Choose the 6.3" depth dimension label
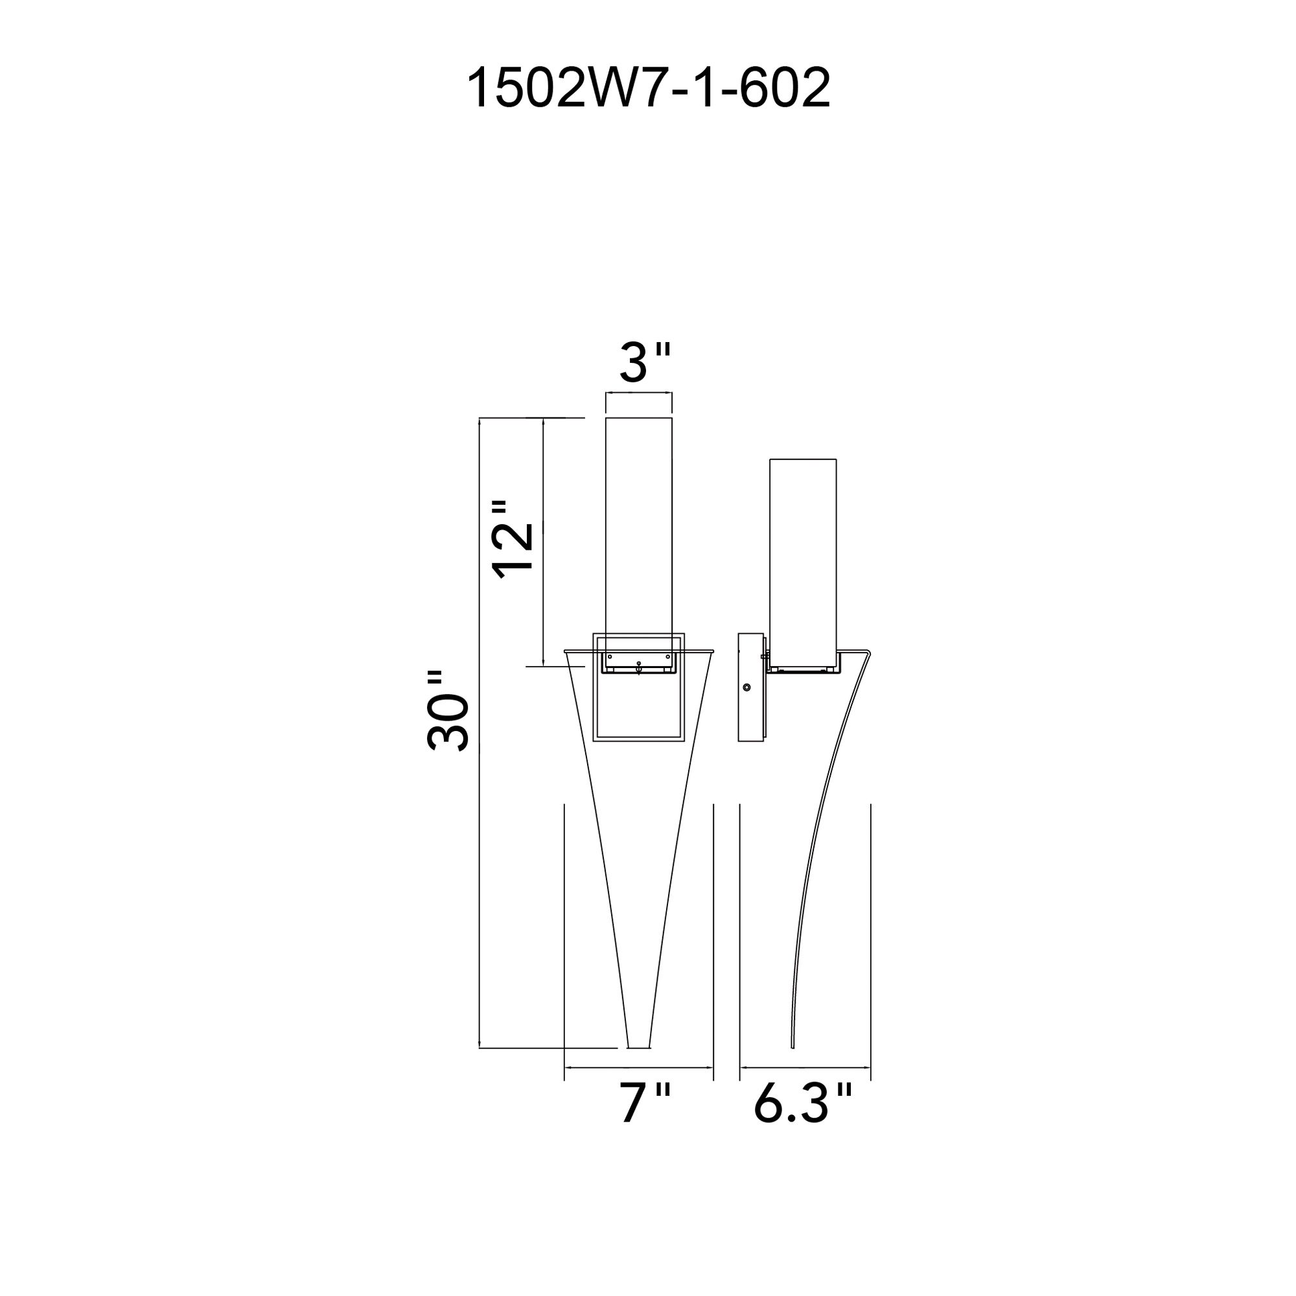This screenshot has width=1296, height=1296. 803,1102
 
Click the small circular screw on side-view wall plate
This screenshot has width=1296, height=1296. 746,688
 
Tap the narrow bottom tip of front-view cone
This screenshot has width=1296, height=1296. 638,1064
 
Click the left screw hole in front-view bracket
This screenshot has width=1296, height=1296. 610,656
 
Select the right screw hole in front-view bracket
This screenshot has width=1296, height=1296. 667,656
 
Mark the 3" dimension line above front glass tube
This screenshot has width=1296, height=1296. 639,393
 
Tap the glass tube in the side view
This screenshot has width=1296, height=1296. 803,557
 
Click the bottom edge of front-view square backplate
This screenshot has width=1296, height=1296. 639,741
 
